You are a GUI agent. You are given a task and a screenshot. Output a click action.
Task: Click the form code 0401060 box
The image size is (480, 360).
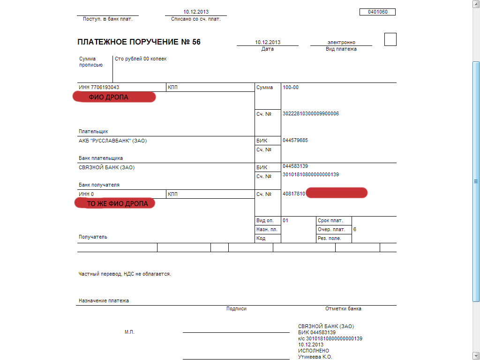point(377,12)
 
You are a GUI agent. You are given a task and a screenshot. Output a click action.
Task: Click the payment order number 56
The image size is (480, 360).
point(196,42)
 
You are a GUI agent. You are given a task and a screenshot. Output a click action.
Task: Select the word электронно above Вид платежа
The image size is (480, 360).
point(341,42)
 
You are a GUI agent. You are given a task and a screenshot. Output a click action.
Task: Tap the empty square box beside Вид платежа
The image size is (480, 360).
point(390,39)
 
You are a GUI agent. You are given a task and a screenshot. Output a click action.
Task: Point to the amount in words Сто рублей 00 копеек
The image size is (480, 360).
point(141,59)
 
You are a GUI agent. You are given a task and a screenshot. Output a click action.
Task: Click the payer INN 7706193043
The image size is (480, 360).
point(99,87)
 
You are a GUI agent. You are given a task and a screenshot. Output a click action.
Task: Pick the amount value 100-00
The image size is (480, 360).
point(291,87)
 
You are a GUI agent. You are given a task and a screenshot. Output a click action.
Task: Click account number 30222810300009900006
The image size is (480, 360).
point(310,114)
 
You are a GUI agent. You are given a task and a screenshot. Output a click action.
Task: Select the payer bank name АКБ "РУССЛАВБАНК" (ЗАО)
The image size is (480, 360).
point(116,141)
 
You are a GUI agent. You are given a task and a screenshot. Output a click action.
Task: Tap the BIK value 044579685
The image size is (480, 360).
point(295,141)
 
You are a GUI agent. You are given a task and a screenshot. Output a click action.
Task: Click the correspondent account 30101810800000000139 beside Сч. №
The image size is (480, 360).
point(310,174)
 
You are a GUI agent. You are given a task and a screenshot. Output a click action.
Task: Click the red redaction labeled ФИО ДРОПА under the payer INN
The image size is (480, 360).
point(114,97)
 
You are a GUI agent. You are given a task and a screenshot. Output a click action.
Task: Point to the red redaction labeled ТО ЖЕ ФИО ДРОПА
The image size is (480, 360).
point(115,203)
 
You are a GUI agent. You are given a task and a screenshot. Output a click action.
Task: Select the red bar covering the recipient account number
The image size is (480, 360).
point(337,193)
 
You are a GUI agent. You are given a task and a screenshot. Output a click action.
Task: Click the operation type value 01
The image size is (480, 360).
point(285,220)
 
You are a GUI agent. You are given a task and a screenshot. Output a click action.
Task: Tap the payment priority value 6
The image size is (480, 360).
point(355,229)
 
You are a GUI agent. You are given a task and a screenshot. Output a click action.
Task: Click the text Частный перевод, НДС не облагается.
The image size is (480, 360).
point(125,274)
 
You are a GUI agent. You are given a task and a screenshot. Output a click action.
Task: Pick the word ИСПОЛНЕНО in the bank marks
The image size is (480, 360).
point(314,351)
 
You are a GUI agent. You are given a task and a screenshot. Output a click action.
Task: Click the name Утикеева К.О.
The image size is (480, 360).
point(315,357)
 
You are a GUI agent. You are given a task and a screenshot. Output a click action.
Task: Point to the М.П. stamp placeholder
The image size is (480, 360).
point(129,332)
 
